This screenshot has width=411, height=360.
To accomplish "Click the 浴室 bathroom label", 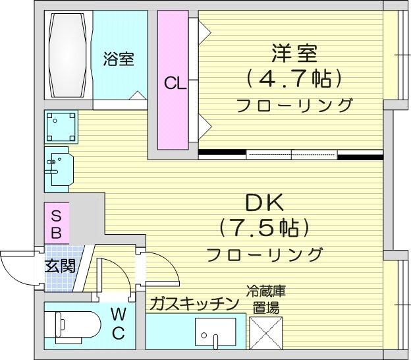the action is coord(119,59).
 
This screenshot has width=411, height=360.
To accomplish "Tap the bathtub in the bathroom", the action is coord(68,55).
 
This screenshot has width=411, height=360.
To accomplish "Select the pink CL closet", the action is coord(173,80).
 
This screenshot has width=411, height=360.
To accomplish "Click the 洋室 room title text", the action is coord(294,53).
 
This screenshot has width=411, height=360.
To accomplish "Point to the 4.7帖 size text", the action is coord(294,78).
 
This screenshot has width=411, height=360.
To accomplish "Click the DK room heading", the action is coord(265,202).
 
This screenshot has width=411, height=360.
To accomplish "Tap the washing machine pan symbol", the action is coord(61,127).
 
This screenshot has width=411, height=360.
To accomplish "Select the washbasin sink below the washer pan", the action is coord(59,169).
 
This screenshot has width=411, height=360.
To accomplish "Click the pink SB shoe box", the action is coord(57,223).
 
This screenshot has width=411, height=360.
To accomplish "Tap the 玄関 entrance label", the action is coord(61,266).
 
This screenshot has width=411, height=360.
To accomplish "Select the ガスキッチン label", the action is coord(194,303).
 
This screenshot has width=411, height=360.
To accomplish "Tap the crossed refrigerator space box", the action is coord(266,333).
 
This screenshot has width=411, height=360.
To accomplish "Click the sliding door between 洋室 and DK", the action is coord(292,155).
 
